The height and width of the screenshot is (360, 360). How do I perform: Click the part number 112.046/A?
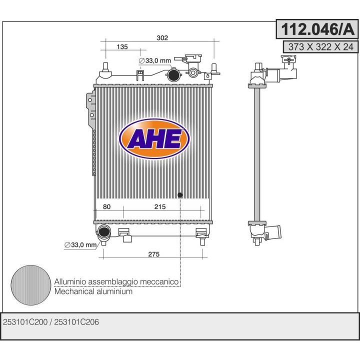(x=317, y=29)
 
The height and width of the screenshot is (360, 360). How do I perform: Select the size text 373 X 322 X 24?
(x=317, y=46)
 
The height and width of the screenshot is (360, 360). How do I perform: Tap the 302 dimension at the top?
(x=162, y=37)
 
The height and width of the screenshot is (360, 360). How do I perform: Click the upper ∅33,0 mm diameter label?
(x=155, y=61)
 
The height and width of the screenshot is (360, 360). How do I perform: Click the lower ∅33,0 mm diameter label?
(x=79, y=244)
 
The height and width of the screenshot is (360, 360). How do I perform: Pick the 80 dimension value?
(x=106, y=206)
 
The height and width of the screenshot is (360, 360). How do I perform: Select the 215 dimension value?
(x=159, y=206)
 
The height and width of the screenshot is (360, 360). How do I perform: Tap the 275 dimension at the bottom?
(x=153, y=254)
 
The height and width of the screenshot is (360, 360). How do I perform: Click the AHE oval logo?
(x=154, y=139)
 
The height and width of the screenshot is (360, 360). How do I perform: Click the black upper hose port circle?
(x=173, y=75)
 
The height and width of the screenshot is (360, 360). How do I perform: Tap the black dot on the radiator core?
(x=180, y=194)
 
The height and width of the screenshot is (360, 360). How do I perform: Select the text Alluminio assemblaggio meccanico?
(x=116, y=282)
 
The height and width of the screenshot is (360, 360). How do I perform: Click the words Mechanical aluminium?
(x=93, y=291)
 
